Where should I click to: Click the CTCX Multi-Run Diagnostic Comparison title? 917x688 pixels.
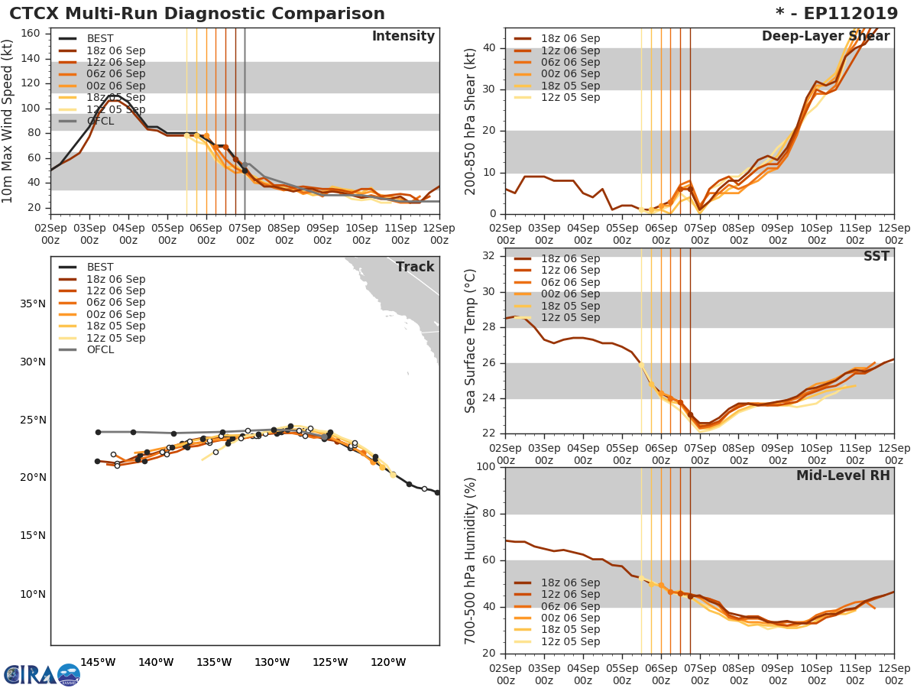[197, 14]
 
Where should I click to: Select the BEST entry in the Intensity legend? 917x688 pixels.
[100, 39]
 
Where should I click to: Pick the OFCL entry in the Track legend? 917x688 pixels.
[100, 350]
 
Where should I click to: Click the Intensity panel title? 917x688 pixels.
[403, 37]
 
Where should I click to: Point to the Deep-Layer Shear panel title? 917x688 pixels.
[825, 37]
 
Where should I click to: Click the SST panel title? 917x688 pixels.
[876, 257]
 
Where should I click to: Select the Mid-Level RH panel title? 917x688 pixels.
[843, 475]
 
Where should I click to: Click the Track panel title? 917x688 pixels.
[415, 267]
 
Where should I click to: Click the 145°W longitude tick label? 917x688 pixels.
[98, 662]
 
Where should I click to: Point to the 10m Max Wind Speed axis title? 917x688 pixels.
[9, 122]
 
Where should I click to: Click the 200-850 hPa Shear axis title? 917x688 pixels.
[471, 122]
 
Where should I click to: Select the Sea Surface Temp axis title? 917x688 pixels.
[471, 341]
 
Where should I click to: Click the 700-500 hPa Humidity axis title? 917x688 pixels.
[471, 560]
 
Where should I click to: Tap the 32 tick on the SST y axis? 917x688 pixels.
[489, 255]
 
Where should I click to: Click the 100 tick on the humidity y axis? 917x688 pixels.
[486, 467]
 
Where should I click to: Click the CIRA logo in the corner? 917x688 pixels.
[42, 674]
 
